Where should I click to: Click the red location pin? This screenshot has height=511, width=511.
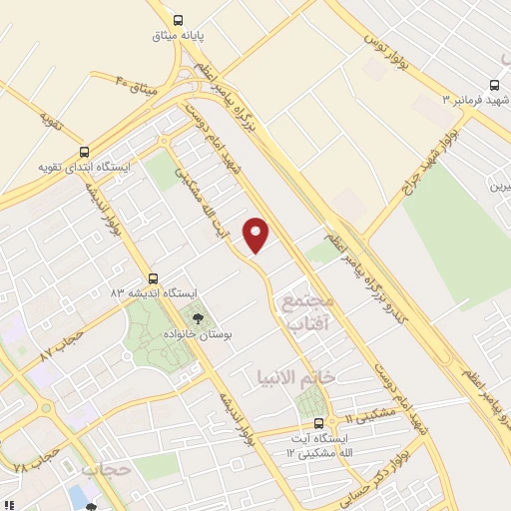pyautogui.click(x=256, y=234)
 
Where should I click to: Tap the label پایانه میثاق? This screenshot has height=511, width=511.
pyautogui.click(x=178, y=36)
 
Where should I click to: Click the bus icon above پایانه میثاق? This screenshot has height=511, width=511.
pyautogui.click(x=178, y=19)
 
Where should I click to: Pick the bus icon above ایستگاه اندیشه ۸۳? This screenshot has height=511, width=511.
pyautogui.click(x=153, y=277)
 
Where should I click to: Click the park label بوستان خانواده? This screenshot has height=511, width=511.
pyautogui.click(x=197, y=335)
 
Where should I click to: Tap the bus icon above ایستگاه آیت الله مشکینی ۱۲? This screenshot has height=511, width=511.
pyautogui.click(x=319, y=423)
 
